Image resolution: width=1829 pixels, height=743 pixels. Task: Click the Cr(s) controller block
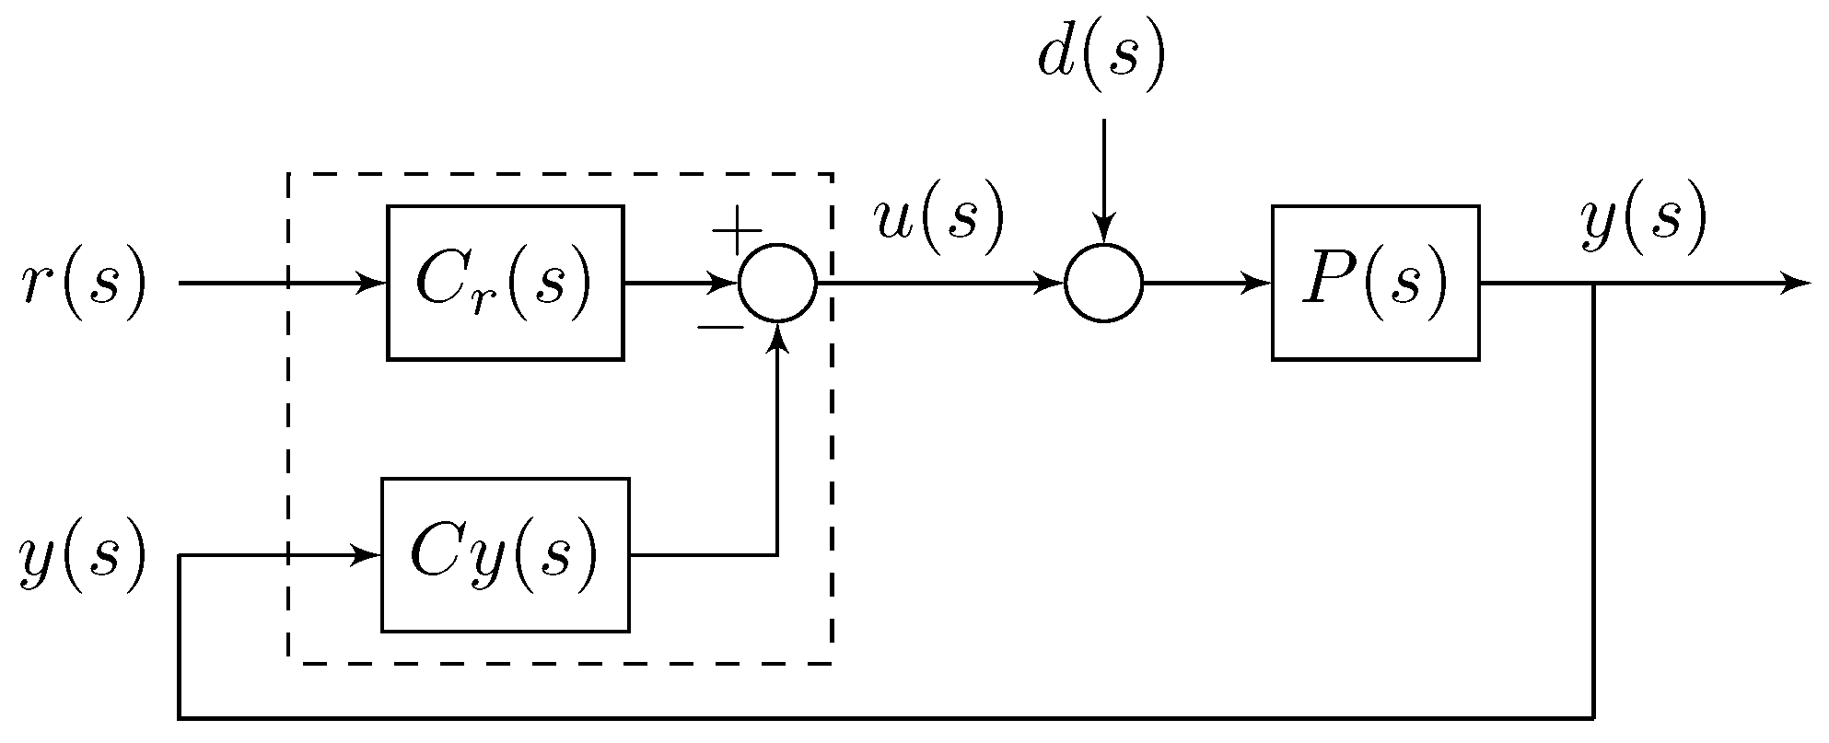[x=505, y=283]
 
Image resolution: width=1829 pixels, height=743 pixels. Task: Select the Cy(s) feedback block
[x=505, y=554]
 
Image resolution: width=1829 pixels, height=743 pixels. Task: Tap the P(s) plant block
[x=1375, y=283]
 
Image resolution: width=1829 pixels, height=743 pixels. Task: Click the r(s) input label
[x=83, y=283]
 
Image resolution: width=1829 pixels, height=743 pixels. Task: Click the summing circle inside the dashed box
[x=777, y=284]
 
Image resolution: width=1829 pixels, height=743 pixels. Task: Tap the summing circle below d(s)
[x=1103, y=284]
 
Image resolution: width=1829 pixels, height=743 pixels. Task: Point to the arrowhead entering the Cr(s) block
[x=374, y=283]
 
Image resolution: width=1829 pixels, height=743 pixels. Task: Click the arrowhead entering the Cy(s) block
[x=368, y=555]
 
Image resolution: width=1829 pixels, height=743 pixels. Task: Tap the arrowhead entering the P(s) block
[x=1259, y=284]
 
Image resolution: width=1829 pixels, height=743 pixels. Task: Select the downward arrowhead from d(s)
[x=1103, y=229]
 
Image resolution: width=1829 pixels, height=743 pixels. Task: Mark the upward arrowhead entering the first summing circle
[x=778, y=339]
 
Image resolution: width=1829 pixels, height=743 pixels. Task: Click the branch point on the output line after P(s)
[x=1594, y=284]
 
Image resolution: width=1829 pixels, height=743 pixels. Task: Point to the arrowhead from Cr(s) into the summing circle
[x=727, y=284]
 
